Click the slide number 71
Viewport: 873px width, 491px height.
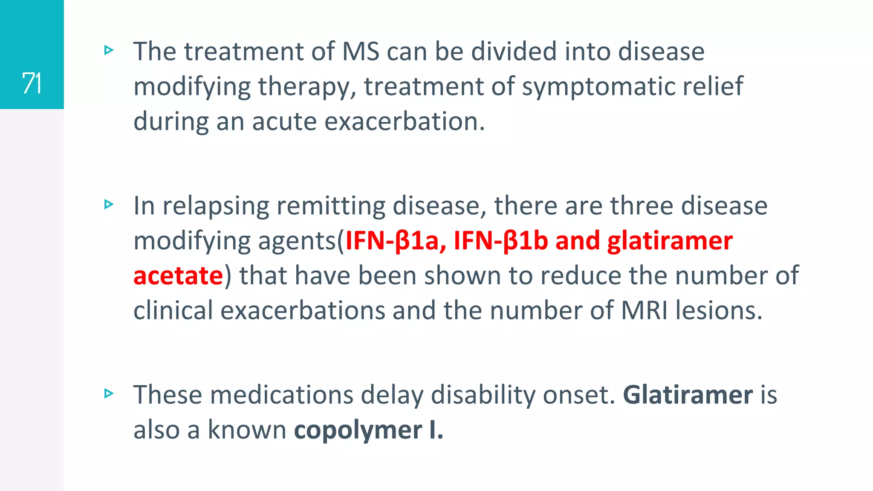click(x=32, y=83)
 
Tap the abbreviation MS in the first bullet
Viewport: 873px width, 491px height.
click(x=361, y=52)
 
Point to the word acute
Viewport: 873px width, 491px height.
click(x=284, y=121)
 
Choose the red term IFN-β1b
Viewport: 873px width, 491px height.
click(x=500, y=241)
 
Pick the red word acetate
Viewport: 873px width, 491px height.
click(x=178, y=276)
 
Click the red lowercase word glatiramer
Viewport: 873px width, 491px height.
click(x=670, y=241)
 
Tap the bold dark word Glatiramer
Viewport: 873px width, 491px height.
click(x=688, y=395)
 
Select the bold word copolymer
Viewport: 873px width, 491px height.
click(x=358, y=430)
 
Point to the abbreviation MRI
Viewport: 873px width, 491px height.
click(x=645, y=311)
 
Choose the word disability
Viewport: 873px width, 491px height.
click(x=483, y=395)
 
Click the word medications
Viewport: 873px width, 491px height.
click(x=281, y=395)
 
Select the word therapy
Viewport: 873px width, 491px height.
click(x=307, y=87)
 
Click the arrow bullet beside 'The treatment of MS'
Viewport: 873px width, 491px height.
click(x=109, y=51)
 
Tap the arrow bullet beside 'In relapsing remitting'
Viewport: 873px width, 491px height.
click(x=109, y=205)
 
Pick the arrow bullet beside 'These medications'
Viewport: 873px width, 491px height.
click(x=109, y=393)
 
